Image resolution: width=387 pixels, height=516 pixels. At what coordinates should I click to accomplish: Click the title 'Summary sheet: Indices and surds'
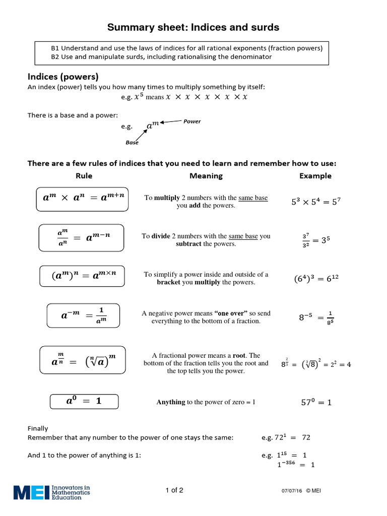pyautogui.click(x=193, y=27)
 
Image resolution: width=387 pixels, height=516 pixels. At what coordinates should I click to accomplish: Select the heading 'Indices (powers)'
pyautogui.click(x=62, y=77)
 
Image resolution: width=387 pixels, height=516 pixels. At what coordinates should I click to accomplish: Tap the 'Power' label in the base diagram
pyautogui.click(x=192, y=121)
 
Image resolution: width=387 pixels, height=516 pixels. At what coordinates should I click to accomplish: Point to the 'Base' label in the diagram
pyautogui.click(x=132, y=143)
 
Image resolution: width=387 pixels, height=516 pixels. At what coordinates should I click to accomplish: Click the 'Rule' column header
pyautogui.click(x=84, y=176)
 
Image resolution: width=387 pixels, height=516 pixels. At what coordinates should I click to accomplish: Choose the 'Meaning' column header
pyautogui.click(x=206, y=176)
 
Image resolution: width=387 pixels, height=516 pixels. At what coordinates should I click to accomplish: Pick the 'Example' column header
pyautogui.click(x=315, y=176)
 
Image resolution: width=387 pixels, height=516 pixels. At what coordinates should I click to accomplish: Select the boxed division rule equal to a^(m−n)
pyautogui.click(x=81, y=237)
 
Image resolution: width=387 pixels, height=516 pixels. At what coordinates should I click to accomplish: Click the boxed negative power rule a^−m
pyautogui.click(x=83, y=315)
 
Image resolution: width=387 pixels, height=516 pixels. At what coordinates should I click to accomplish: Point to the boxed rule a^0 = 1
pyautogui.click(x=84, y=401)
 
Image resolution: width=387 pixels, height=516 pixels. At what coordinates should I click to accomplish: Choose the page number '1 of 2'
pyautogui.click(x=174, y=490)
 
